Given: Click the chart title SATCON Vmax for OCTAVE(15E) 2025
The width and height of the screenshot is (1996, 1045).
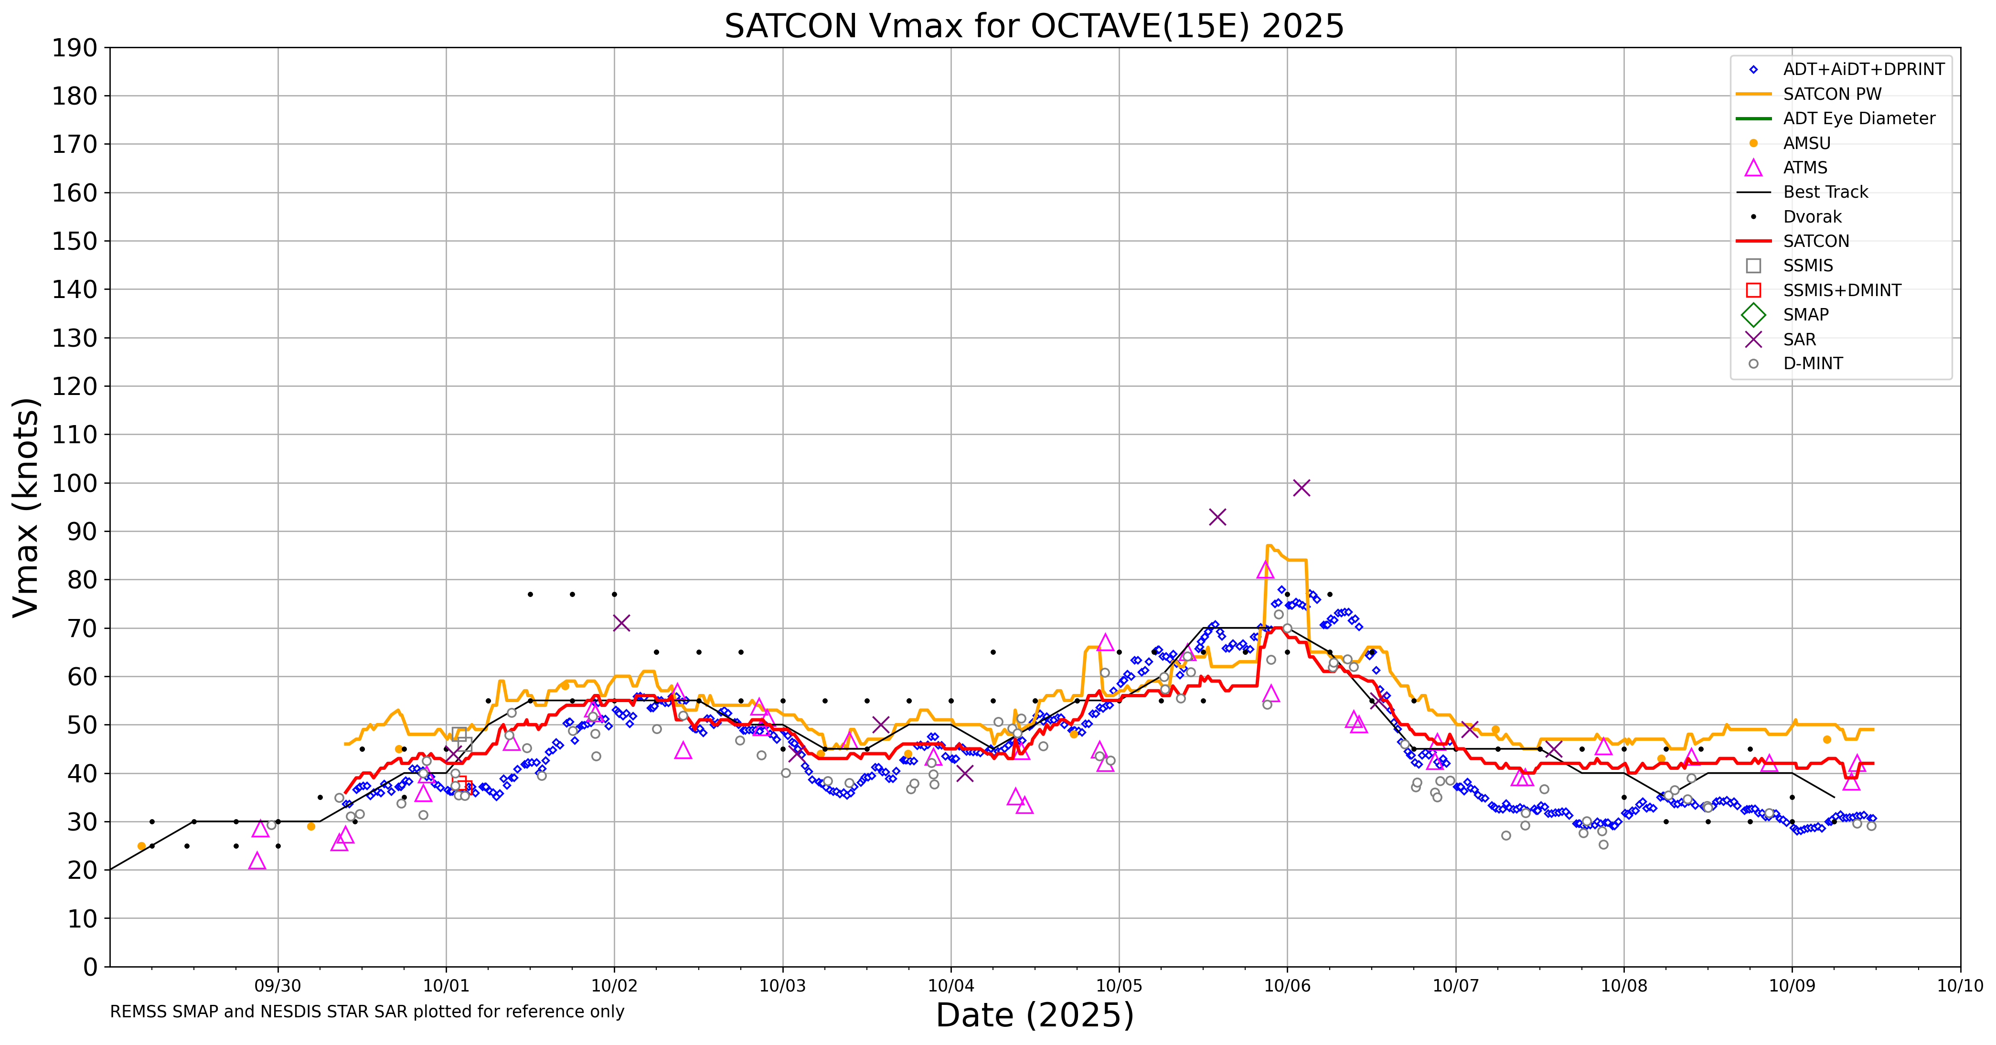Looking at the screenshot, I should pos(1034,26).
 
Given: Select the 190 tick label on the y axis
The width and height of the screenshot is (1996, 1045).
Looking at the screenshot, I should pos(75,48).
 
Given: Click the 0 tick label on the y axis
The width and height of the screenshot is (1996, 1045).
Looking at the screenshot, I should pos(91,967).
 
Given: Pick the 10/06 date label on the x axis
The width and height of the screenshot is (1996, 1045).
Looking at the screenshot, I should pos(1287,986).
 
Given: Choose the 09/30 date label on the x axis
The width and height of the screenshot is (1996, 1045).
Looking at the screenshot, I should pos(278,986).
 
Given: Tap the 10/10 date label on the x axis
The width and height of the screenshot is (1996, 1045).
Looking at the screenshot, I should pos(1960,986).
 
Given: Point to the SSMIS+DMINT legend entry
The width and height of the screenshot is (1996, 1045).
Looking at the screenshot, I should pos(1842,290).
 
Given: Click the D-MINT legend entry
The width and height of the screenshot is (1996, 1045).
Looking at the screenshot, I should pos(1813,364).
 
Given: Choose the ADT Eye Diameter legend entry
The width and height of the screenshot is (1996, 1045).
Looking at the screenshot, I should pos(1858,118).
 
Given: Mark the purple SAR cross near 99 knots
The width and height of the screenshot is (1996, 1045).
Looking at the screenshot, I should pos(1302,487).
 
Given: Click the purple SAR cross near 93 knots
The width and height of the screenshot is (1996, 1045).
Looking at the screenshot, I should pos(1217,517).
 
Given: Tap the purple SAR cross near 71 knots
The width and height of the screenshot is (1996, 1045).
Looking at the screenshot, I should pos(620,623).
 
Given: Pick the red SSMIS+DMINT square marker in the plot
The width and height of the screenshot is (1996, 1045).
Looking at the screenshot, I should pos(459,782).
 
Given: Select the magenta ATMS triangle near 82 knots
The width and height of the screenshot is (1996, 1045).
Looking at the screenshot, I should pos(1265,571).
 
